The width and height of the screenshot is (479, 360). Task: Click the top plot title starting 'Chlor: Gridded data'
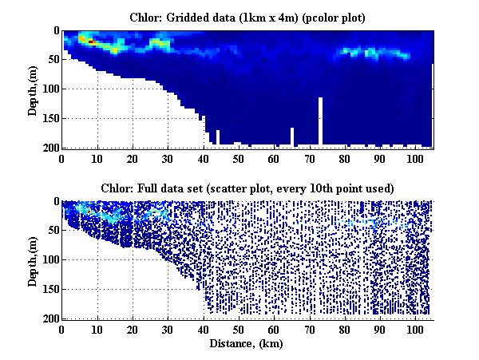[247, 17]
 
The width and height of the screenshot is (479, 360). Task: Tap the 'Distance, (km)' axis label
[247, 344]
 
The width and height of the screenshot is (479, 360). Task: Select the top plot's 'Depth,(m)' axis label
[33, 89]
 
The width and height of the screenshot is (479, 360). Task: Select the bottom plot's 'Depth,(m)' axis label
[33, 260]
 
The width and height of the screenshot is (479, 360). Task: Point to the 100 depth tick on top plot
[49, 89]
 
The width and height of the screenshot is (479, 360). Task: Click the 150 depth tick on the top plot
[49, 119]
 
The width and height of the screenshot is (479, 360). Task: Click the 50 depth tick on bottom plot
[52, 231]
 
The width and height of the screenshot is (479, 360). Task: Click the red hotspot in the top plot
[90, 40]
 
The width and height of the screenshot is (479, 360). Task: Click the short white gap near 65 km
[292, 137]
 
